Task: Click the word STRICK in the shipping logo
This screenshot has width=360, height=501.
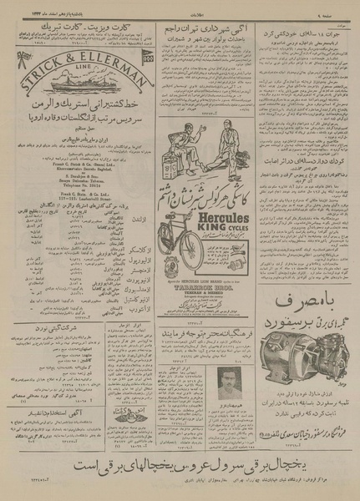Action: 42,63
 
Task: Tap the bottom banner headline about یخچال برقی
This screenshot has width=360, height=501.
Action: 180,463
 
